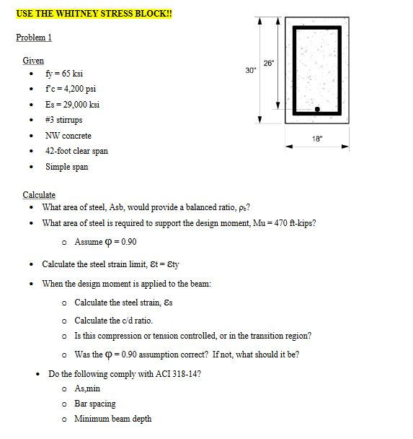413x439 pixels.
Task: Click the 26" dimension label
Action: [x=269, y=62]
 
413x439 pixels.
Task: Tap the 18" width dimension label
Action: [x=318, y=138]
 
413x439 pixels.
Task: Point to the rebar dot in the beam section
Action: [x=317, y=110]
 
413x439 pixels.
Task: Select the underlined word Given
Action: [x=33, y=61]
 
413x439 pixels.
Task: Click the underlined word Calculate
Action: [x=39, y=195]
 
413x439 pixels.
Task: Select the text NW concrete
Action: [x=68, y=136]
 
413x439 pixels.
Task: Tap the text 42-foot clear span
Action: [x=76, y=151]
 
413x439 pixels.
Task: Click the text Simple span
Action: [x=67, y=167]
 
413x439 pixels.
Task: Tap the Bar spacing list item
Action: [x=95, y=404]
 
